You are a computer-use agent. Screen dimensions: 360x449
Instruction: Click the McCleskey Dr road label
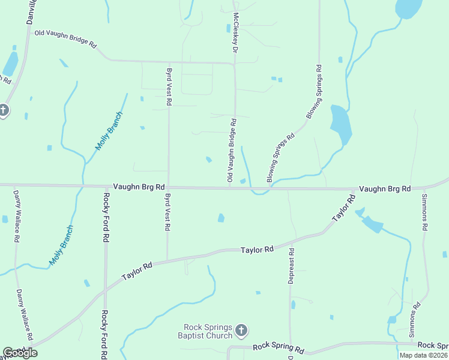coord(236,31)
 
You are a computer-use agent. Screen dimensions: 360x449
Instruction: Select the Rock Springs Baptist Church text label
coord(208,331)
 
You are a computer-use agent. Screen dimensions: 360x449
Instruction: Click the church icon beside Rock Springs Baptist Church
coord(241,330)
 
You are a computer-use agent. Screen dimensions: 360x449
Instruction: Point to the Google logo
coord(19,352)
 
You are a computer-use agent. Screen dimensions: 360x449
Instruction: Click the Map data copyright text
coord(424,355)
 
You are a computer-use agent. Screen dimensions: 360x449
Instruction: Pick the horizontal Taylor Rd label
coord(257,249)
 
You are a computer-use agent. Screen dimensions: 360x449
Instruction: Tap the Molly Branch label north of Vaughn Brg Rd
coord(109,131)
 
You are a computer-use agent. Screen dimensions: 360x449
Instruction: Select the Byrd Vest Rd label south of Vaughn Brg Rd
coord(167,213)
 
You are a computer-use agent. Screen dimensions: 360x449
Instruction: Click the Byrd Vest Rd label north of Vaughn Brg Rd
coord(169,87)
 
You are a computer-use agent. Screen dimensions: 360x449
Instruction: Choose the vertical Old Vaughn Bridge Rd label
coord(231,151)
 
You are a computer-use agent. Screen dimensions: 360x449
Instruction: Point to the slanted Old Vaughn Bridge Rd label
coord(65,39)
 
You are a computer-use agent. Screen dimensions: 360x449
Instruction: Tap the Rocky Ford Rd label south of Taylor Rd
coord(104,333)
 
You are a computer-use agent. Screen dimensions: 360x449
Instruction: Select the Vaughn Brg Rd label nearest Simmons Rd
coord(385,189)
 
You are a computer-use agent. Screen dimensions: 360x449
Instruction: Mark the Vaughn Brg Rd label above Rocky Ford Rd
coord(139,187)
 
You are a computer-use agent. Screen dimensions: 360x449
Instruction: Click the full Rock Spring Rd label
coord(278,347)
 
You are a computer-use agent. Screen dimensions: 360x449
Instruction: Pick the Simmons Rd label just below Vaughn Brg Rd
coord(425,213)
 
